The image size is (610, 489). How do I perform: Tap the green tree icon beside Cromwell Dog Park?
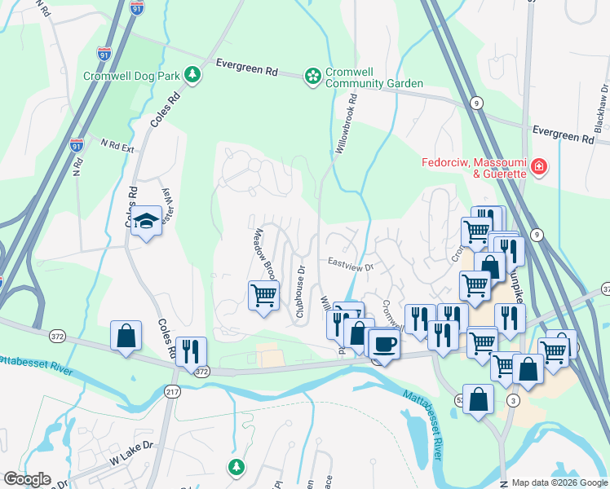click(x=192, y=76)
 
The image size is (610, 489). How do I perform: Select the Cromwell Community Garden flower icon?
click(x=312, y=77)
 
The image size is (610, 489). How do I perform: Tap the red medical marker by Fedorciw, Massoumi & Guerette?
click(x=538, y=168)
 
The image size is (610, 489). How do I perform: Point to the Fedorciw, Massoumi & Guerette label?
click(x=474, y=168)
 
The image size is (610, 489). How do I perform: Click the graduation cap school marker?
click(x=146, y=221)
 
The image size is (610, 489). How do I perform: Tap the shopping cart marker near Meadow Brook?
click(x=263, y=294)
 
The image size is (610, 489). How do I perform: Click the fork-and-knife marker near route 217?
click(x=190, y=351)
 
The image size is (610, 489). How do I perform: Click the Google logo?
click(x=27, y=479)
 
